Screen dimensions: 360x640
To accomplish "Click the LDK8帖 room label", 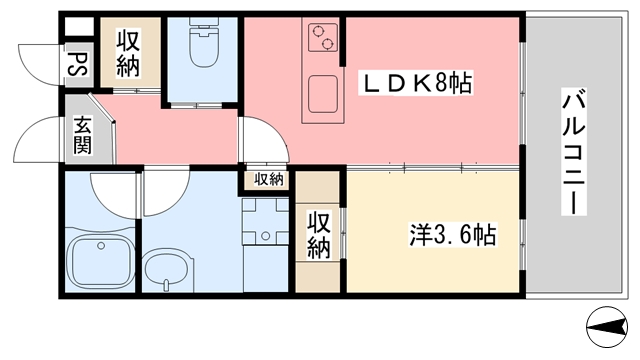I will pyautogui.click(x=419, y=84).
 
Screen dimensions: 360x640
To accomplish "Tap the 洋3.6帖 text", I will pyautogui.click(x=453, y=236).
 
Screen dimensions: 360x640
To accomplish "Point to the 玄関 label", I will pyautogui.click(x=83, y=136).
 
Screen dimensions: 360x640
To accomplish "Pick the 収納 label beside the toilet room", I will pyautogui.click(x=127, y=54).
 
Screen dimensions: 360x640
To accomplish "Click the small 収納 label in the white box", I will pyautogui.click(x=267, y=180).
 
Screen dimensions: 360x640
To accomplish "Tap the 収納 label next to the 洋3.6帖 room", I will pyautogui.click(x=319, y=233).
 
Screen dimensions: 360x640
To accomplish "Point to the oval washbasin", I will pyautogui.click(x=164, y=267).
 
